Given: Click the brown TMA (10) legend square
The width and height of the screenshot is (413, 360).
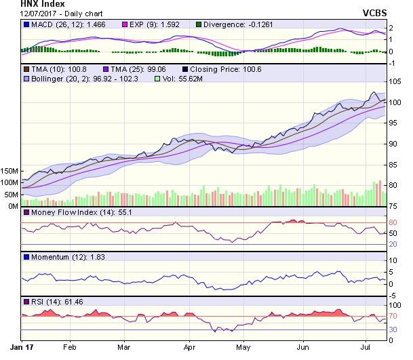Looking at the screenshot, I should tap(26, 69).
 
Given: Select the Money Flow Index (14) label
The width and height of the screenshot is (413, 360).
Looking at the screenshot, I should tap(74, 213).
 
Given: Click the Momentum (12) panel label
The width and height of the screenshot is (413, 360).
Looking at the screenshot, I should tap(60, 257).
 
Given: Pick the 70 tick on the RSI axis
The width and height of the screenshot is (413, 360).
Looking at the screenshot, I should tap(394, 317).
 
